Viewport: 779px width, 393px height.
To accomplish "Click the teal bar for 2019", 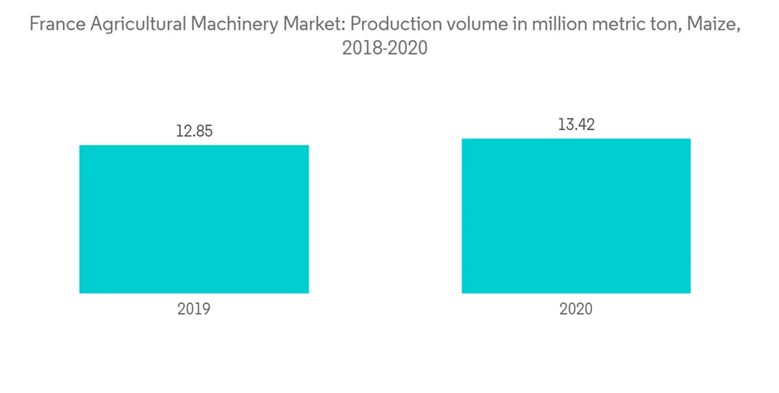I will coord(194,219).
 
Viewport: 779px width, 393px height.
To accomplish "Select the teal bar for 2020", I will coord(576,216).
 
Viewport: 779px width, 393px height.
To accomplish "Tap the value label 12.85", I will coord(194,131).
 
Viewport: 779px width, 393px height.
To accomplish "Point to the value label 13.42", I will coord(576,125).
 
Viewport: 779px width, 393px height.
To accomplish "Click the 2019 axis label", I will coord(194,310).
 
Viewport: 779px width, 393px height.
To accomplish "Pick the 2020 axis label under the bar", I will coord(576,310).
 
